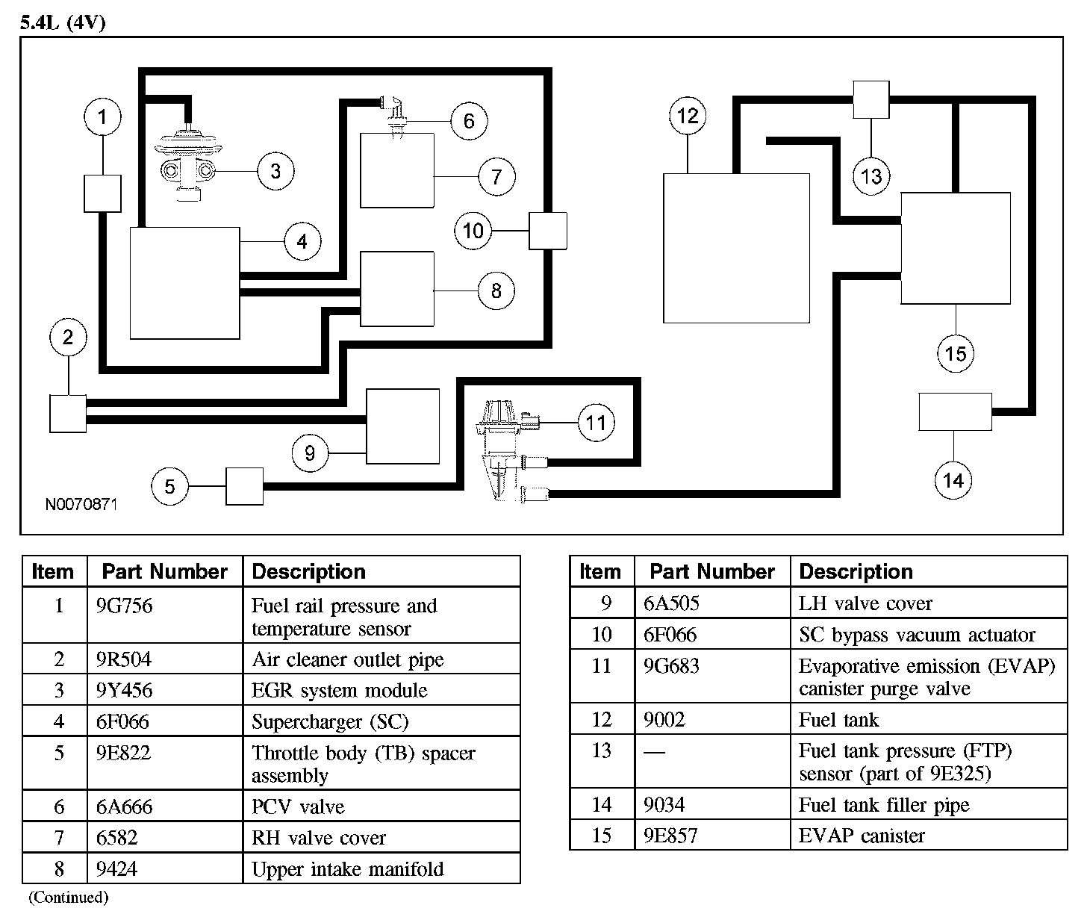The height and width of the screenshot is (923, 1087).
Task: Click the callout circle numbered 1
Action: tap(102, 116)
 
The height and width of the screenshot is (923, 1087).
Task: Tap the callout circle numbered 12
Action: tap(688, 116)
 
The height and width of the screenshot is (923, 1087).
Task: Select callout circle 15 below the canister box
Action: tap(956, 353)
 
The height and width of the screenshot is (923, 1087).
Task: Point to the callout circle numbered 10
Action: tap(473, 231)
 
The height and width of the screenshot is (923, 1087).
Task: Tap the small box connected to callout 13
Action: tap(871, 99)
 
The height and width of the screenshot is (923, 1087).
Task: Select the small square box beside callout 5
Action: tap(244, 487)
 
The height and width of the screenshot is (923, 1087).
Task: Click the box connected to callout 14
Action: tap(955, 411)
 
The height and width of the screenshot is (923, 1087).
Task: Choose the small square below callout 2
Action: tap(68, 413)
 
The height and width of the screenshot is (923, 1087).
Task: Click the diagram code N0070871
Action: tap(81, 505)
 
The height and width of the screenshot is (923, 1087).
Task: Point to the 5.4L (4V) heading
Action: tap(63, 22)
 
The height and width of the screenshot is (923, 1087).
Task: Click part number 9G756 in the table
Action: tap(124, 606)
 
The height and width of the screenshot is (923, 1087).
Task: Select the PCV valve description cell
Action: tap(298, 807)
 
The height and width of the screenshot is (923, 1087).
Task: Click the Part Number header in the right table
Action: tap(712, 572)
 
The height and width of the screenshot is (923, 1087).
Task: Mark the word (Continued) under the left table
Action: tap(68, 898)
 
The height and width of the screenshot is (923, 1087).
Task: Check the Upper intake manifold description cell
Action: tap(347, 869)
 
